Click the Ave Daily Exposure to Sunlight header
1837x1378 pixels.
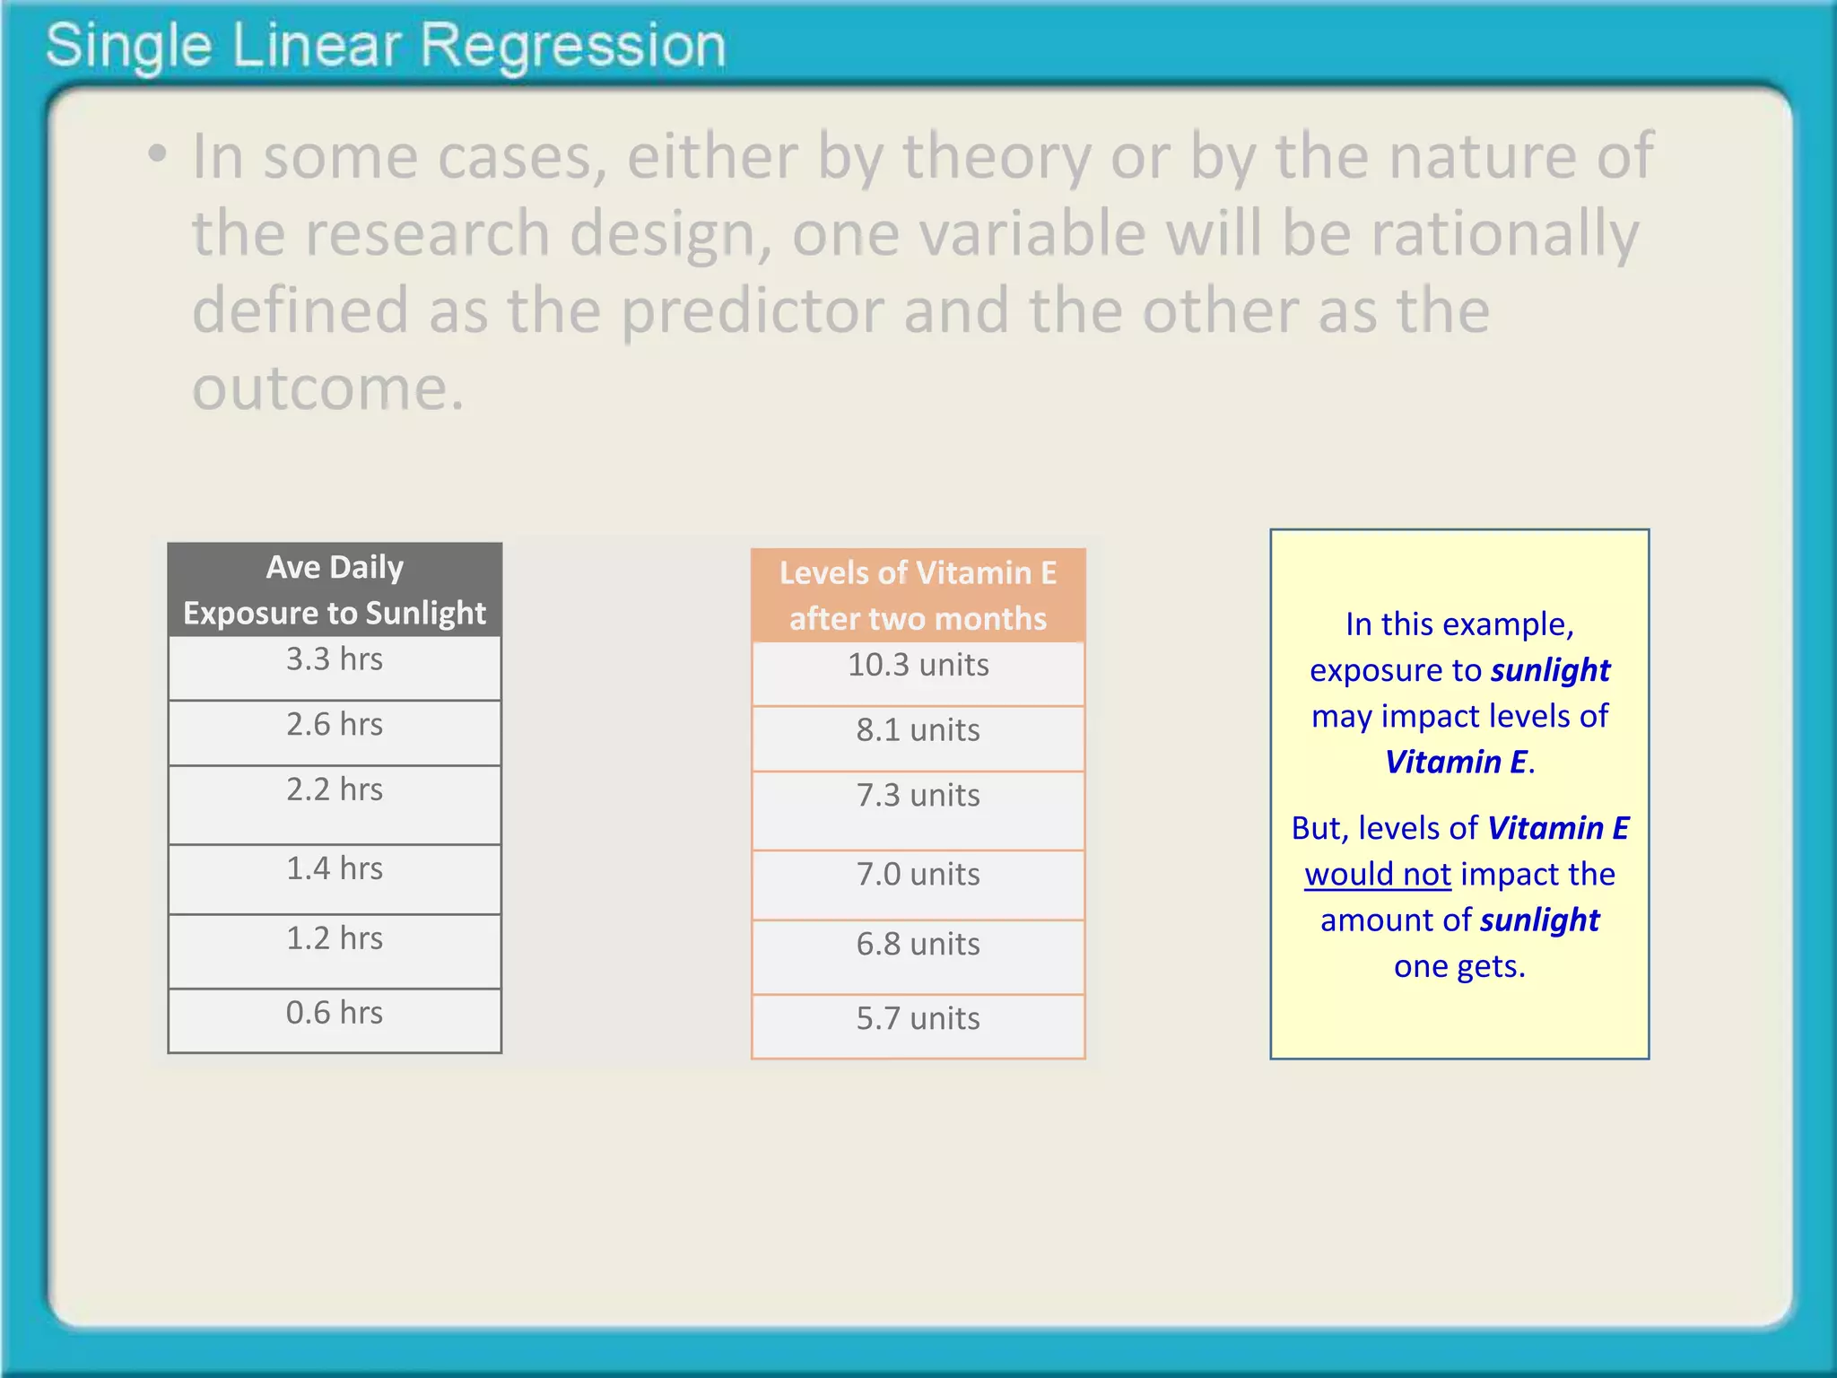pos(335,590)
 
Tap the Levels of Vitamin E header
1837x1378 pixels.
pos(918,596)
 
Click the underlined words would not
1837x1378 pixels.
pos(1377,875)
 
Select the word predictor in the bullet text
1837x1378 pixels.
pos(752,310)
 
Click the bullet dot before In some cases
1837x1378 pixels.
pos(158,154)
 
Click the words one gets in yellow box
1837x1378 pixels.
pos(1458,966)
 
